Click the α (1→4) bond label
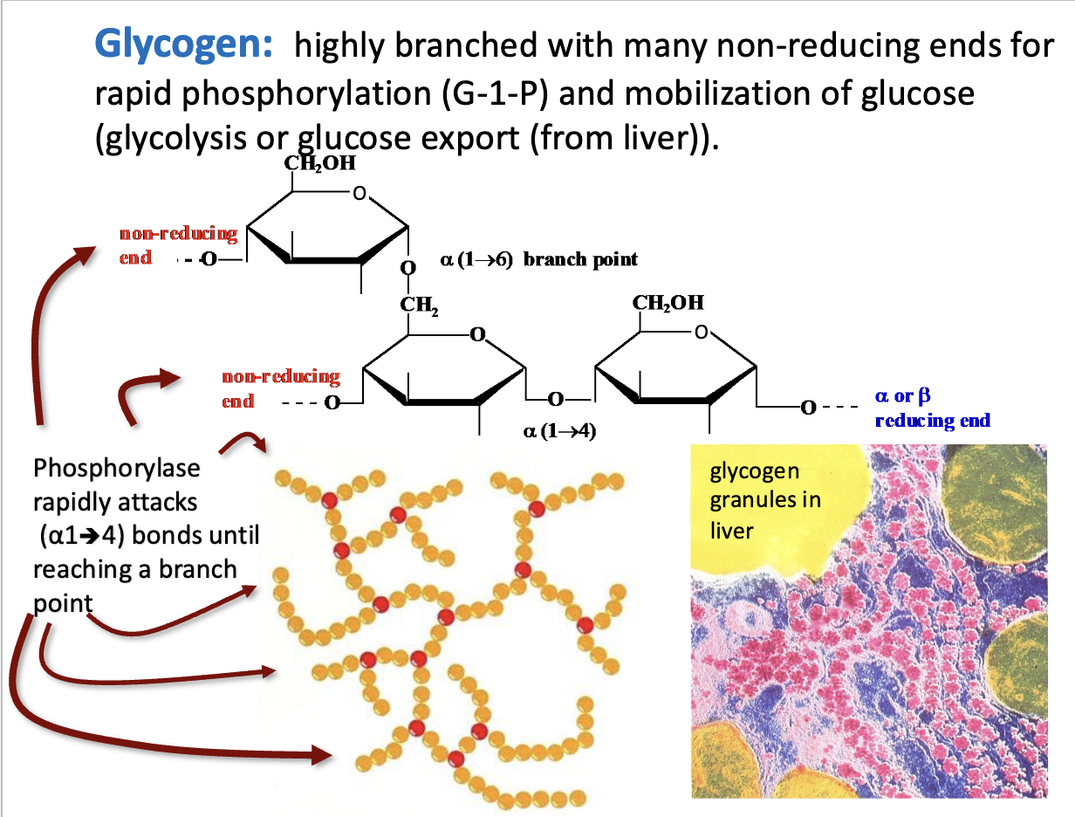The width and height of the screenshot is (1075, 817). pos(558,430)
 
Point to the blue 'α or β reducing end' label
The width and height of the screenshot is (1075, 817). pos(932,408)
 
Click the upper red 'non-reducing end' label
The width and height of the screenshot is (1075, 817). pos(178,244)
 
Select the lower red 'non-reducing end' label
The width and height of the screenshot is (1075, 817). pos(280,388)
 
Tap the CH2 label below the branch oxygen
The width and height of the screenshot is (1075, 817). pos(418,305)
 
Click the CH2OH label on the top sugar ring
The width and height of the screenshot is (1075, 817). pos(319,164)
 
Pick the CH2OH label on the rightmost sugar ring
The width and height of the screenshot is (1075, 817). pos(668,303)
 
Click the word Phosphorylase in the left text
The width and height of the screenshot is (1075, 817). pos(116,469)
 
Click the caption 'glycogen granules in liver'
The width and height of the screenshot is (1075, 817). pos(755,500)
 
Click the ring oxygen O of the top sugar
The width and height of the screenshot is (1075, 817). pos(358,194)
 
